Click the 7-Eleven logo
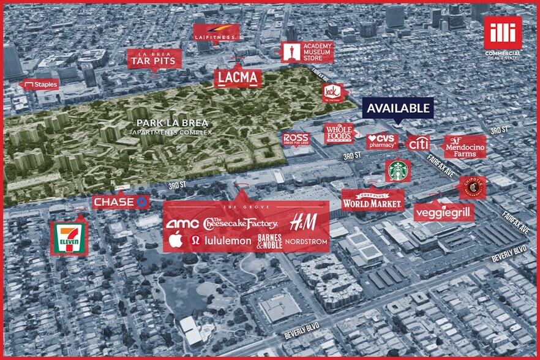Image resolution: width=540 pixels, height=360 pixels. (x=69, y=237)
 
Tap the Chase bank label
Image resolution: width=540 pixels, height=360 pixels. (x=121, y=201)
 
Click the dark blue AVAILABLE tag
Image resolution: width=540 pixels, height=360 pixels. (x=398, y=108)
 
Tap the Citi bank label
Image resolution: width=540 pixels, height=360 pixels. (x=419, y=143)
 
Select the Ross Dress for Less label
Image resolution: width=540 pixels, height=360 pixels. (x=296, y=139)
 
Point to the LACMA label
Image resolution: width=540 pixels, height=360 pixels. (x=238, y=78)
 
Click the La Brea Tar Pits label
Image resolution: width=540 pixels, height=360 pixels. (x=154, y=58)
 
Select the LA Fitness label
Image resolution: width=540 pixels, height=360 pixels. (x=216, y=33)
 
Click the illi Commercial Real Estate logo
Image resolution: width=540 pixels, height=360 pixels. (x=502, y=37)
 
